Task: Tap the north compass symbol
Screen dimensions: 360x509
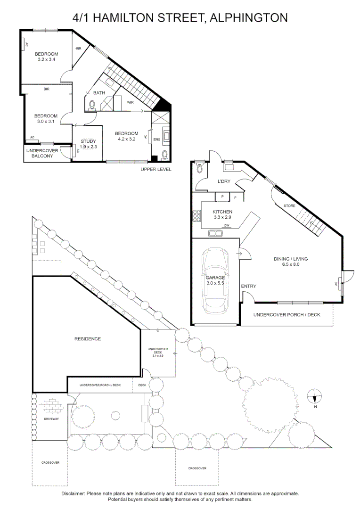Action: pyautogui.click(x=315, y=396)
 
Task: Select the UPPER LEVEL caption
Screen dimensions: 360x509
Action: pyautogui.click(x=156, y=169)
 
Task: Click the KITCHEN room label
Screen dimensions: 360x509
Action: pyautogui.click(x=222, y=212)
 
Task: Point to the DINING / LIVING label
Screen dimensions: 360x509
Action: pyautogui.click(x=291, y=259)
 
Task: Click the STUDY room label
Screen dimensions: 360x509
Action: pyautogui.click(x=88, y=141)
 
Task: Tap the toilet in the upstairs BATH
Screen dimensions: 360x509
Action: pyautogui.click(x=92, y=105)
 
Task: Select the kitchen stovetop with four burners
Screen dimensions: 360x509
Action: pyautogui.click(x=196, y=216)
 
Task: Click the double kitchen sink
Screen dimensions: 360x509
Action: pyautogui.click(x=215, y=233)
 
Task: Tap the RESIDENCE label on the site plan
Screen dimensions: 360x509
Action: pyautogui.click(x=88, y=338)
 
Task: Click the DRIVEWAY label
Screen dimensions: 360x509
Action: pyautogui.click(x=51, y=419)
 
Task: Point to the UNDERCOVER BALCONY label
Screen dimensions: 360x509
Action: pyautogui.click(x=42, y=153)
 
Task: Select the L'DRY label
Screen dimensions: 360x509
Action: pyautogui.click(x=224, y=181)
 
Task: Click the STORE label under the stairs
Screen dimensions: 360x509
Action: pyautogui.click(x=289, y=206)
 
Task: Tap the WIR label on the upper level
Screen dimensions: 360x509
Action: pyautogui.click(x=130, y=103)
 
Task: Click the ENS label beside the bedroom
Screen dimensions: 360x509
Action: pyautogui.click(x=157, y=139)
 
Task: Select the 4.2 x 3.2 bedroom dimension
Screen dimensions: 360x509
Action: pyautogui.click(x=127, y=139)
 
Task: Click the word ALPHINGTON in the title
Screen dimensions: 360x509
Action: pyautogui.click(x=249, y=17)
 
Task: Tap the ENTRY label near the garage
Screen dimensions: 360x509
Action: pyautogui.click(x=249, y=286)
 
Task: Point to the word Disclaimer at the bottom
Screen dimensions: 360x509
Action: pyautogui.click(x=73, y=493)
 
